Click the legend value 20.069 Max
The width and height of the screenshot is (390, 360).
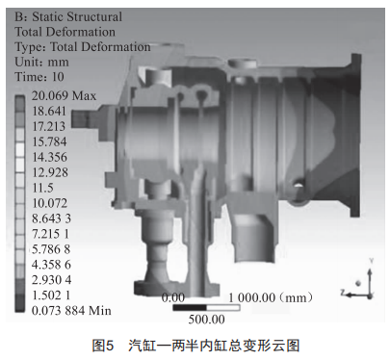coord(64,95)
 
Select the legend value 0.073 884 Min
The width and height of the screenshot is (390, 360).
coord(71,311)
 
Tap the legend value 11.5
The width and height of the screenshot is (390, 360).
coord(42,188)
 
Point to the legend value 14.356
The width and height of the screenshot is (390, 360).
coord(50,157)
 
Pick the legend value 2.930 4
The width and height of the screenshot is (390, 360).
coord(51,280)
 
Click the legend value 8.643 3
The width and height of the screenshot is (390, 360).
coord(51,219)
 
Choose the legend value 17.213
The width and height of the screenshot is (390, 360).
coord(49,126)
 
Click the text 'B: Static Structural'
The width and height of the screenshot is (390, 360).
coord(68,16)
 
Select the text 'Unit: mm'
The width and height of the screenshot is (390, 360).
coord(41,62)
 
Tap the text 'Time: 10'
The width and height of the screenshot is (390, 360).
coord(39,77)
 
